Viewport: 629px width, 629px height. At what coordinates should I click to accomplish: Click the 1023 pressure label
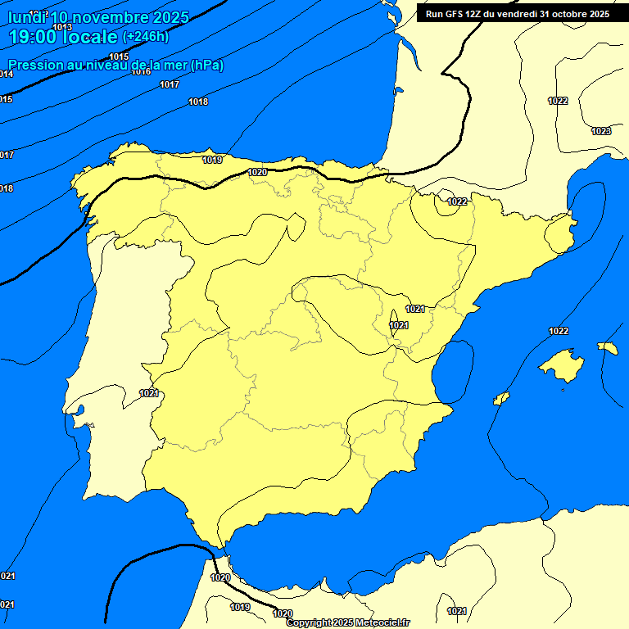pyautogui.click(x=601, y=131)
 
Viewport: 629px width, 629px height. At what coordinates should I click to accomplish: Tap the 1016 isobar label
pyautogui.click(x=142, y=72)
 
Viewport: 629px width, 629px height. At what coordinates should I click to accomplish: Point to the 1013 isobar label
pyautogui.click(x=62, y=27)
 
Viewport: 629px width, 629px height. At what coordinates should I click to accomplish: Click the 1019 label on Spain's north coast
pyautogui.click(x=212, y=160)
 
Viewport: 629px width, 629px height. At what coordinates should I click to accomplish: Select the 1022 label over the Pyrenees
pyautogui.click(x=457, y=201)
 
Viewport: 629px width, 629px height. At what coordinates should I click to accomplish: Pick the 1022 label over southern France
pyautogui.click(x=558, y=101)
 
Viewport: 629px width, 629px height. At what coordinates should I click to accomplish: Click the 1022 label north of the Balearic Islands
pyautogui.click(x=559, y=331)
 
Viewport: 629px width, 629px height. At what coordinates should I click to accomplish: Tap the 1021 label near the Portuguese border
pyautogui.click(x=148, y=393)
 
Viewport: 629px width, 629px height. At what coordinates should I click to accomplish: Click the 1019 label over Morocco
pyautogui.click(x=240, y=607)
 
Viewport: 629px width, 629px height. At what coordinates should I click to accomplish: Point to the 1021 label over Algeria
pyautogui.click(x=457, y=611)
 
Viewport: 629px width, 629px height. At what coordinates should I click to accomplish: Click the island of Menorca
pyautogui.click(x=608, y=348)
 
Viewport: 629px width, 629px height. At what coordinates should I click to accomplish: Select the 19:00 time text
pyautogui.click(x=33, y=37)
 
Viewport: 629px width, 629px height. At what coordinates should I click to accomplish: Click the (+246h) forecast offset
pyautogui.click(x=145, y=37)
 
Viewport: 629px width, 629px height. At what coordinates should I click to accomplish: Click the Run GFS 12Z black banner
pyautogui.click(x=517, y=14)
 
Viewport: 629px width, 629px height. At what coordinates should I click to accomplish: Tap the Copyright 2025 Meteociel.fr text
pyautogui.click(x=348, y=622)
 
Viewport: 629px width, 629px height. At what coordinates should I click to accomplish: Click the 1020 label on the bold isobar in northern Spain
pyautogui.click(x=257, y=172)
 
